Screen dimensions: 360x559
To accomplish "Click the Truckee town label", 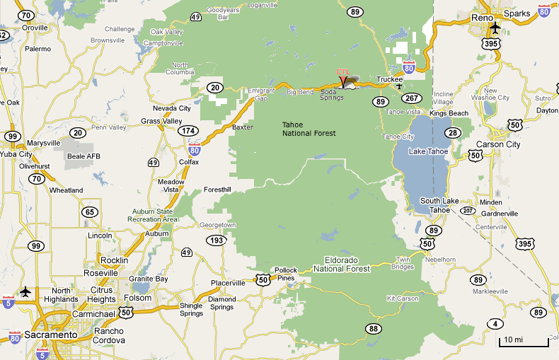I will (x=389, y=79).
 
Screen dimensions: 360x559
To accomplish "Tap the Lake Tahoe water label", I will (x=428, y=151).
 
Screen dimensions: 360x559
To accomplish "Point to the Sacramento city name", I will (x=50, y=335).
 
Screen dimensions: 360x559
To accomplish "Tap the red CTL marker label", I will (x=343, y=72).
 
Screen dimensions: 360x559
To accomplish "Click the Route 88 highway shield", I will (x=373, y=328).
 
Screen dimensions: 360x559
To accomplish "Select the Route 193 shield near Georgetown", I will (x=217, y=240).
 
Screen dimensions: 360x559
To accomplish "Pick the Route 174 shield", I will (x=188, y=131).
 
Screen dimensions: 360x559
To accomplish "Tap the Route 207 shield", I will (x=467, y=211).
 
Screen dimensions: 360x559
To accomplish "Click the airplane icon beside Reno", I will (x=495, y=28).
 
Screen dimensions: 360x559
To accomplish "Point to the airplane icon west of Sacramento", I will (x=26, y=291).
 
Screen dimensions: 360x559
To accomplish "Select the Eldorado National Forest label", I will (x=342, y=264).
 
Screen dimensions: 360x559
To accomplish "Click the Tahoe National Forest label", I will (x=309, y=128).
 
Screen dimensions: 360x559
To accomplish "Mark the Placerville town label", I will (x=228, y=283).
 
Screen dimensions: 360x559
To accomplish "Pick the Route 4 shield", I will (x=495, y=323).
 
